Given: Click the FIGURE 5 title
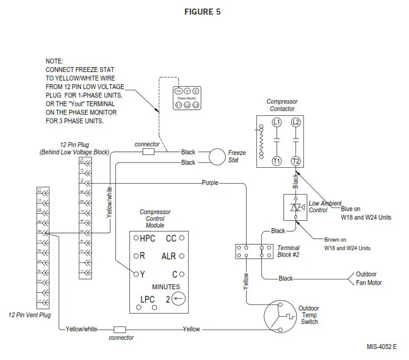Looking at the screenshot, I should click(x=203, y=12).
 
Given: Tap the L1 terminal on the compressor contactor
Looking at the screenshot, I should click(x=277, y=122).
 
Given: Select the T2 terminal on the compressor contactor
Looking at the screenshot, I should click(x=296, y=161).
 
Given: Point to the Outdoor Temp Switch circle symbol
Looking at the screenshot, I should click(x=280, y=315).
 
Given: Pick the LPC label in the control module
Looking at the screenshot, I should click(x=147, y=299).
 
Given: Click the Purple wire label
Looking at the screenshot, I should click(x=209, y=182).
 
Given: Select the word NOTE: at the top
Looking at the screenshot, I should click(x=55, y=62).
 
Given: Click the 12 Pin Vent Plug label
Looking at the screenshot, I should click(x=30, y=315).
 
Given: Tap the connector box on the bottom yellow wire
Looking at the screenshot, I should click(x=120, y=329).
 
